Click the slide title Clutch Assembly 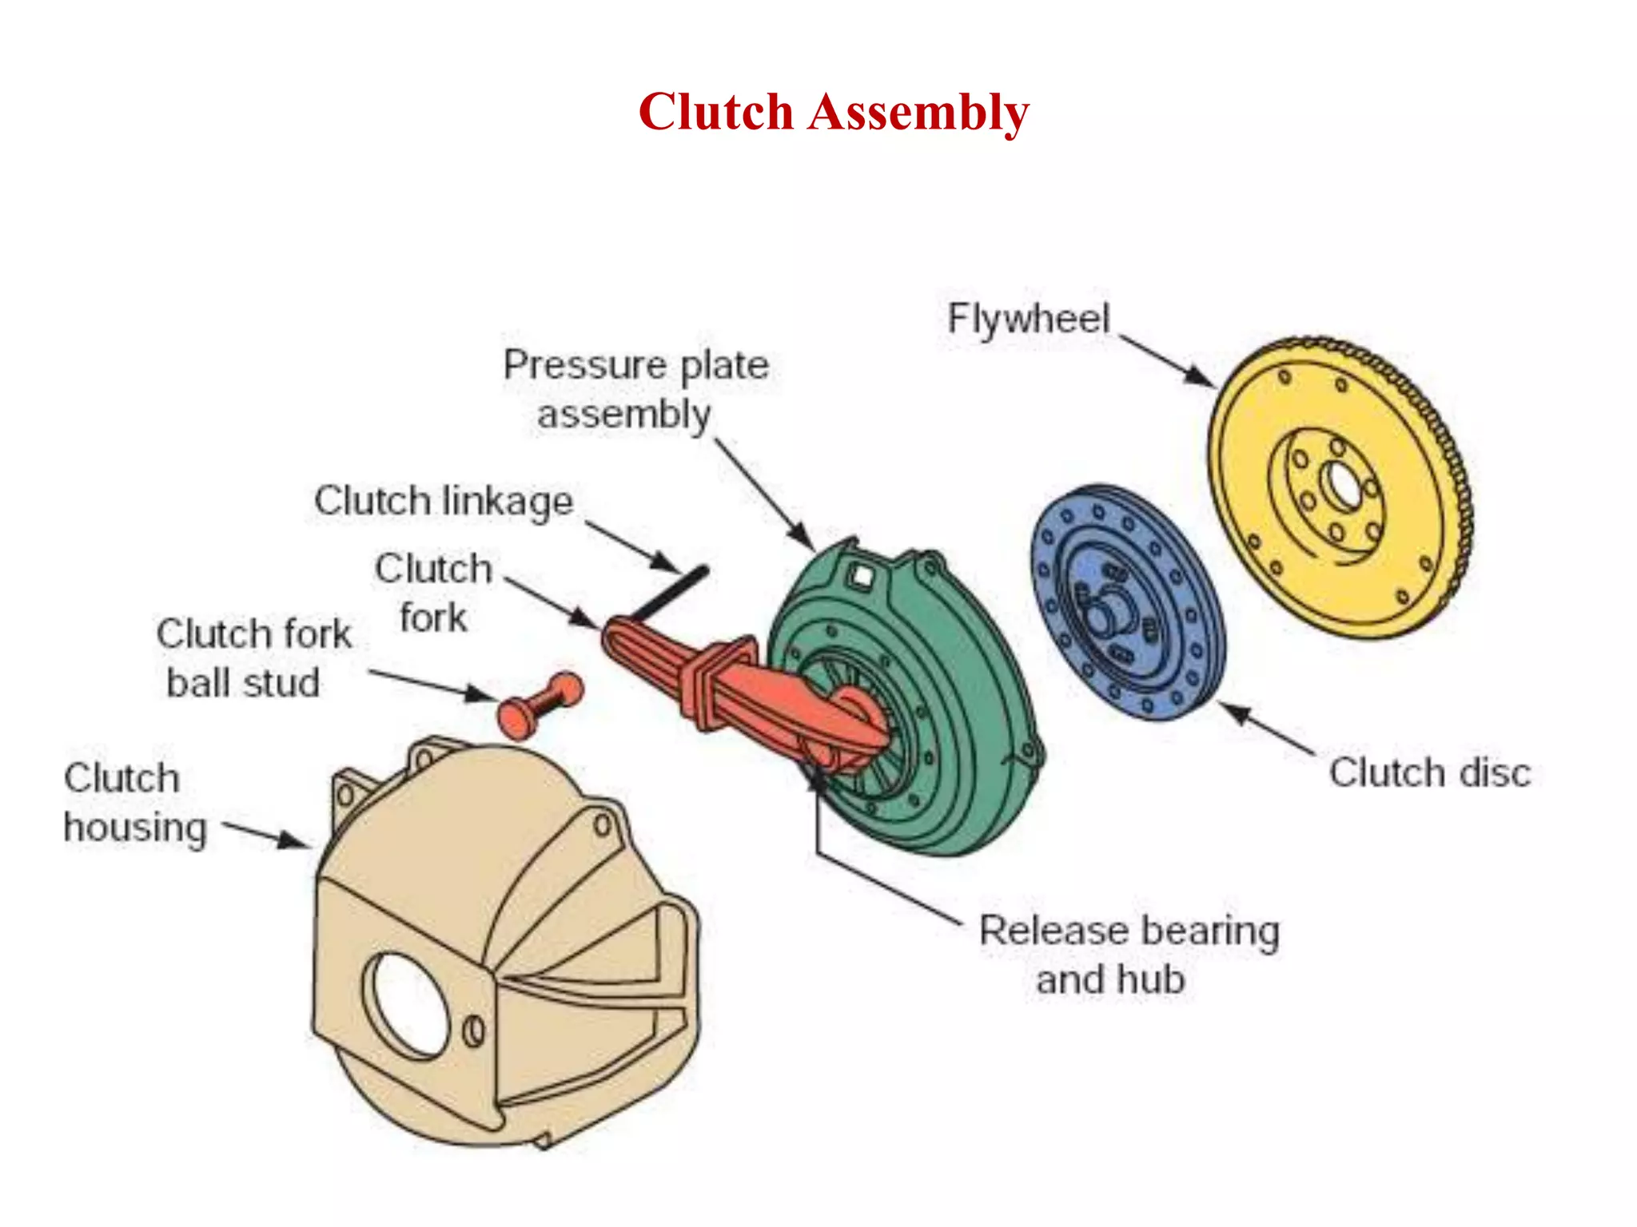click(x=833, y=112)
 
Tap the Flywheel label click(x=1028, y=320)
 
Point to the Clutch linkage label click(x=444, y=502)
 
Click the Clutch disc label click(x=1429, y=773)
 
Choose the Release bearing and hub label click(x=1129, y=955)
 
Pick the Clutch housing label click(x=134, y=803)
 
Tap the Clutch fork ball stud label click(x=253, y=658)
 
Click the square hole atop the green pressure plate click(x=861, y=575)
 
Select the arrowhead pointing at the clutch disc click(x=1237, y=713)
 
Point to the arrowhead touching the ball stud click(x=481, y=693)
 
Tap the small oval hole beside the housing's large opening click(x=474, y=1031)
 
